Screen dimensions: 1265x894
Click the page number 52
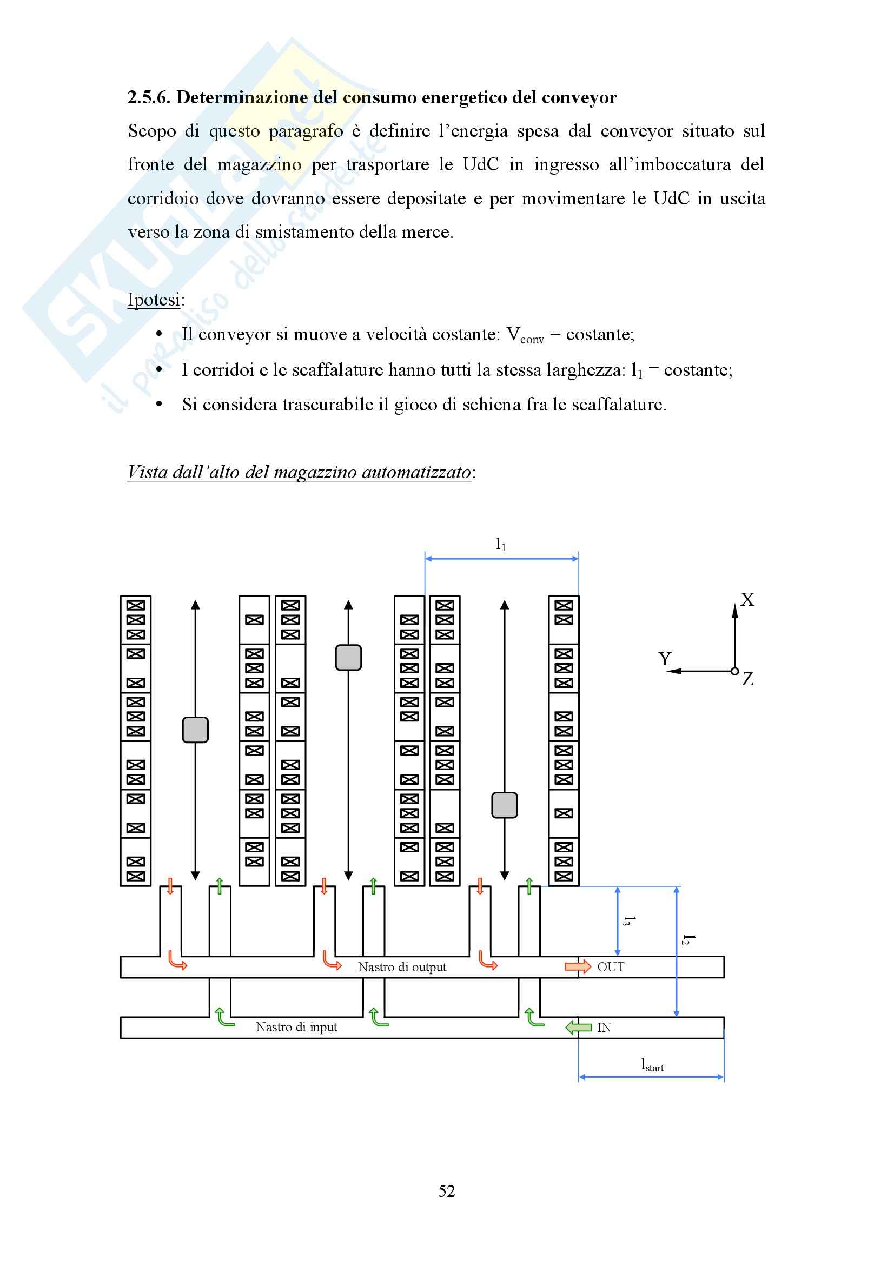click(x=447, y=1191)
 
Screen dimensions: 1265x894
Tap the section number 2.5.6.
click(x=149, y=97)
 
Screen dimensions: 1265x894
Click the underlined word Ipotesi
click(x=154, y=300)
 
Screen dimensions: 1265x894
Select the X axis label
click(x=747, y=599)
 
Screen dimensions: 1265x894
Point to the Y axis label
click(x=665, y=659)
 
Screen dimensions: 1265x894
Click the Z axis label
click(x=747, y=679)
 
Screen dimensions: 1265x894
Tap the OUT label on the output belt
click(x=611, y=967)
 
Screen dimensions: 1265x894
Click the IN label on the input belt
click(x=604, y=1028)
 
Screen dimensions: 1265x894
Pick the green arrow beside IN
click(x=578, y=1028)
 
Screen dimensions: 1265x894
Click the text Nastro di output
click(x=402, y=967)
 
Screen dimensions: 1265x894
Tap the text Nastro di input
click(x=296, y=1027)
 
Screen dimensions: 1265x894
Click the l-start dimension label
click(x=652, y=1065)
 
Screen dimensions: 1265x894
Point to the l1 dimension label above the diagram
click(x=500, y=545)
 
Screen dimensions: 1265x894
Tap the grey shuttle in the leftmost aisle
click(x=195, y=730)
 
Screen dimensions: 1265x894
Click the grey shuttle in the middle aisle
click(x=349, y=658)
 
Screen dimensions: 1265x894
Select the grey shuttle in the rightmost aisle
click(x=504, y=805)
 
